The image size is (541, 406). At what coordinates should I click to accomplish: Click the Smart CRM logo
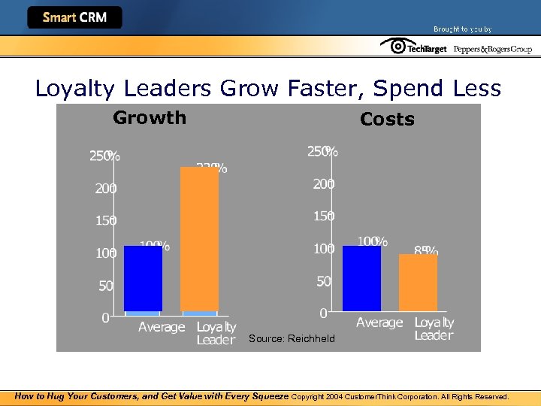pos(74,17)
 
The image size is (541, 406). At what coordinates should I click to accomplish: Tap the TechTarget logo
pos(414,47)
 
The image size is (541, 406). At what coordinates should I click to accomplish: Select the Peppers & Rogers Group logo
pos(492,49)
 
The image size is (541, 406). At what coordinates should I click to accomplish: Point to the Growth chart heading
pos(150,118)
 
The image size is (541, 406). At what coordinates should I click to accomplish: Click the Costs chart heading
pos(387,120)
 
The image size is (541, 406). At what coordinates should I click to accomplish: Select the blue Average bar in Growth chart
pos(143,278)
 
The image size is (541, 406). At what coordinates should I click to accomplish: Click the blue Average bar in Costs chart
pos(361,278)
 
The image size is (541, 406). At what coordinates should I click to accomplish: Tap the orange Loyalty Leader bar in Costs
pos(418,283)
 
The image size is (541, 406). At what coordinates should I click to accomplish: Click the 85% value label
pos(426,250)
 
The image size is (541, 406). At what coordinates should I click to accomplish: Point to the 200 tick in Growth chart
pos(106,189)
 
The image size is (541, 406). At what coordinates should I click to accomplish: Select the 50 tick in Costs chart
pos(323,281)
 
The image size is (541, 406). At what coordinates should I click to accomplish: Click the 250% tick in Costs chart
pos(322,152)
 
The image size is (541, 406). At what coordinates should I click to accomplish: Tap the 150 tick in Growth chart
pos(106,221)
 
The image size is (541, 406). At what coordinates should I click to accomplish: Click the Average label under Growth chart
pos(162,327)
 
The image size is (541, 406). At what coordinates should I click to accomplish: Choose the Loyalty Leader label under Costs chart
pos(434,329)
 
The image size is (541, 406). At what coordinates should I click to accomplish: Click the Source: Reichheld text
pos(292,339)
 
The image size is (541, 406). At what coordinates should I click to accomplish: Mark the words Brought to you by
pos(462,29)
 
